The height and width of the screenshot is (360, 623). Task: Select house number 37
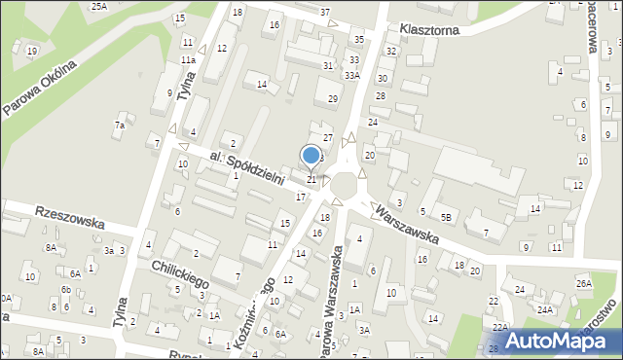pyautogui.click(x=325, y=12)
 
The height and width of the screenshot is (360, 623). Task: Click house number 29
pyautogui.click(x=333, y=99)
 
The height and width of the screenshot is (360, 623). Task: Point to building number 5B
pyautogui.click(x=446, y=217)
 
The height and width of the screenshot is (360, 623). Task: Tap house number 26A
pyautogui.click(x=583, y=283)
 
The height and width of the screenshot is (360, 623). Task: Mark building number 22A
pyautogui.click(x=499, y=328)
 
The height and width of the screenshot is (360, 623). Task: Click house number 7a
pyautogui.click(x=120, y=126)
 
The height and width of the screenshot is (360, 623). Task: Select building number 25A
pyautogui.click(x=99, y=6)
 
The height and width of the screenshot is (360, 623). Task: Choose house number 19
pyautogui.click(x=32, y=51)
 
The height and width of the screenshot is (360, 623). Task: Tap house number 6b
pyautogui.click(x=65, y=290)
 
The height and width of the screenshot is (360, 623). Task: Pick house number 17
pyautogui.click(x=301, y=197)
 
